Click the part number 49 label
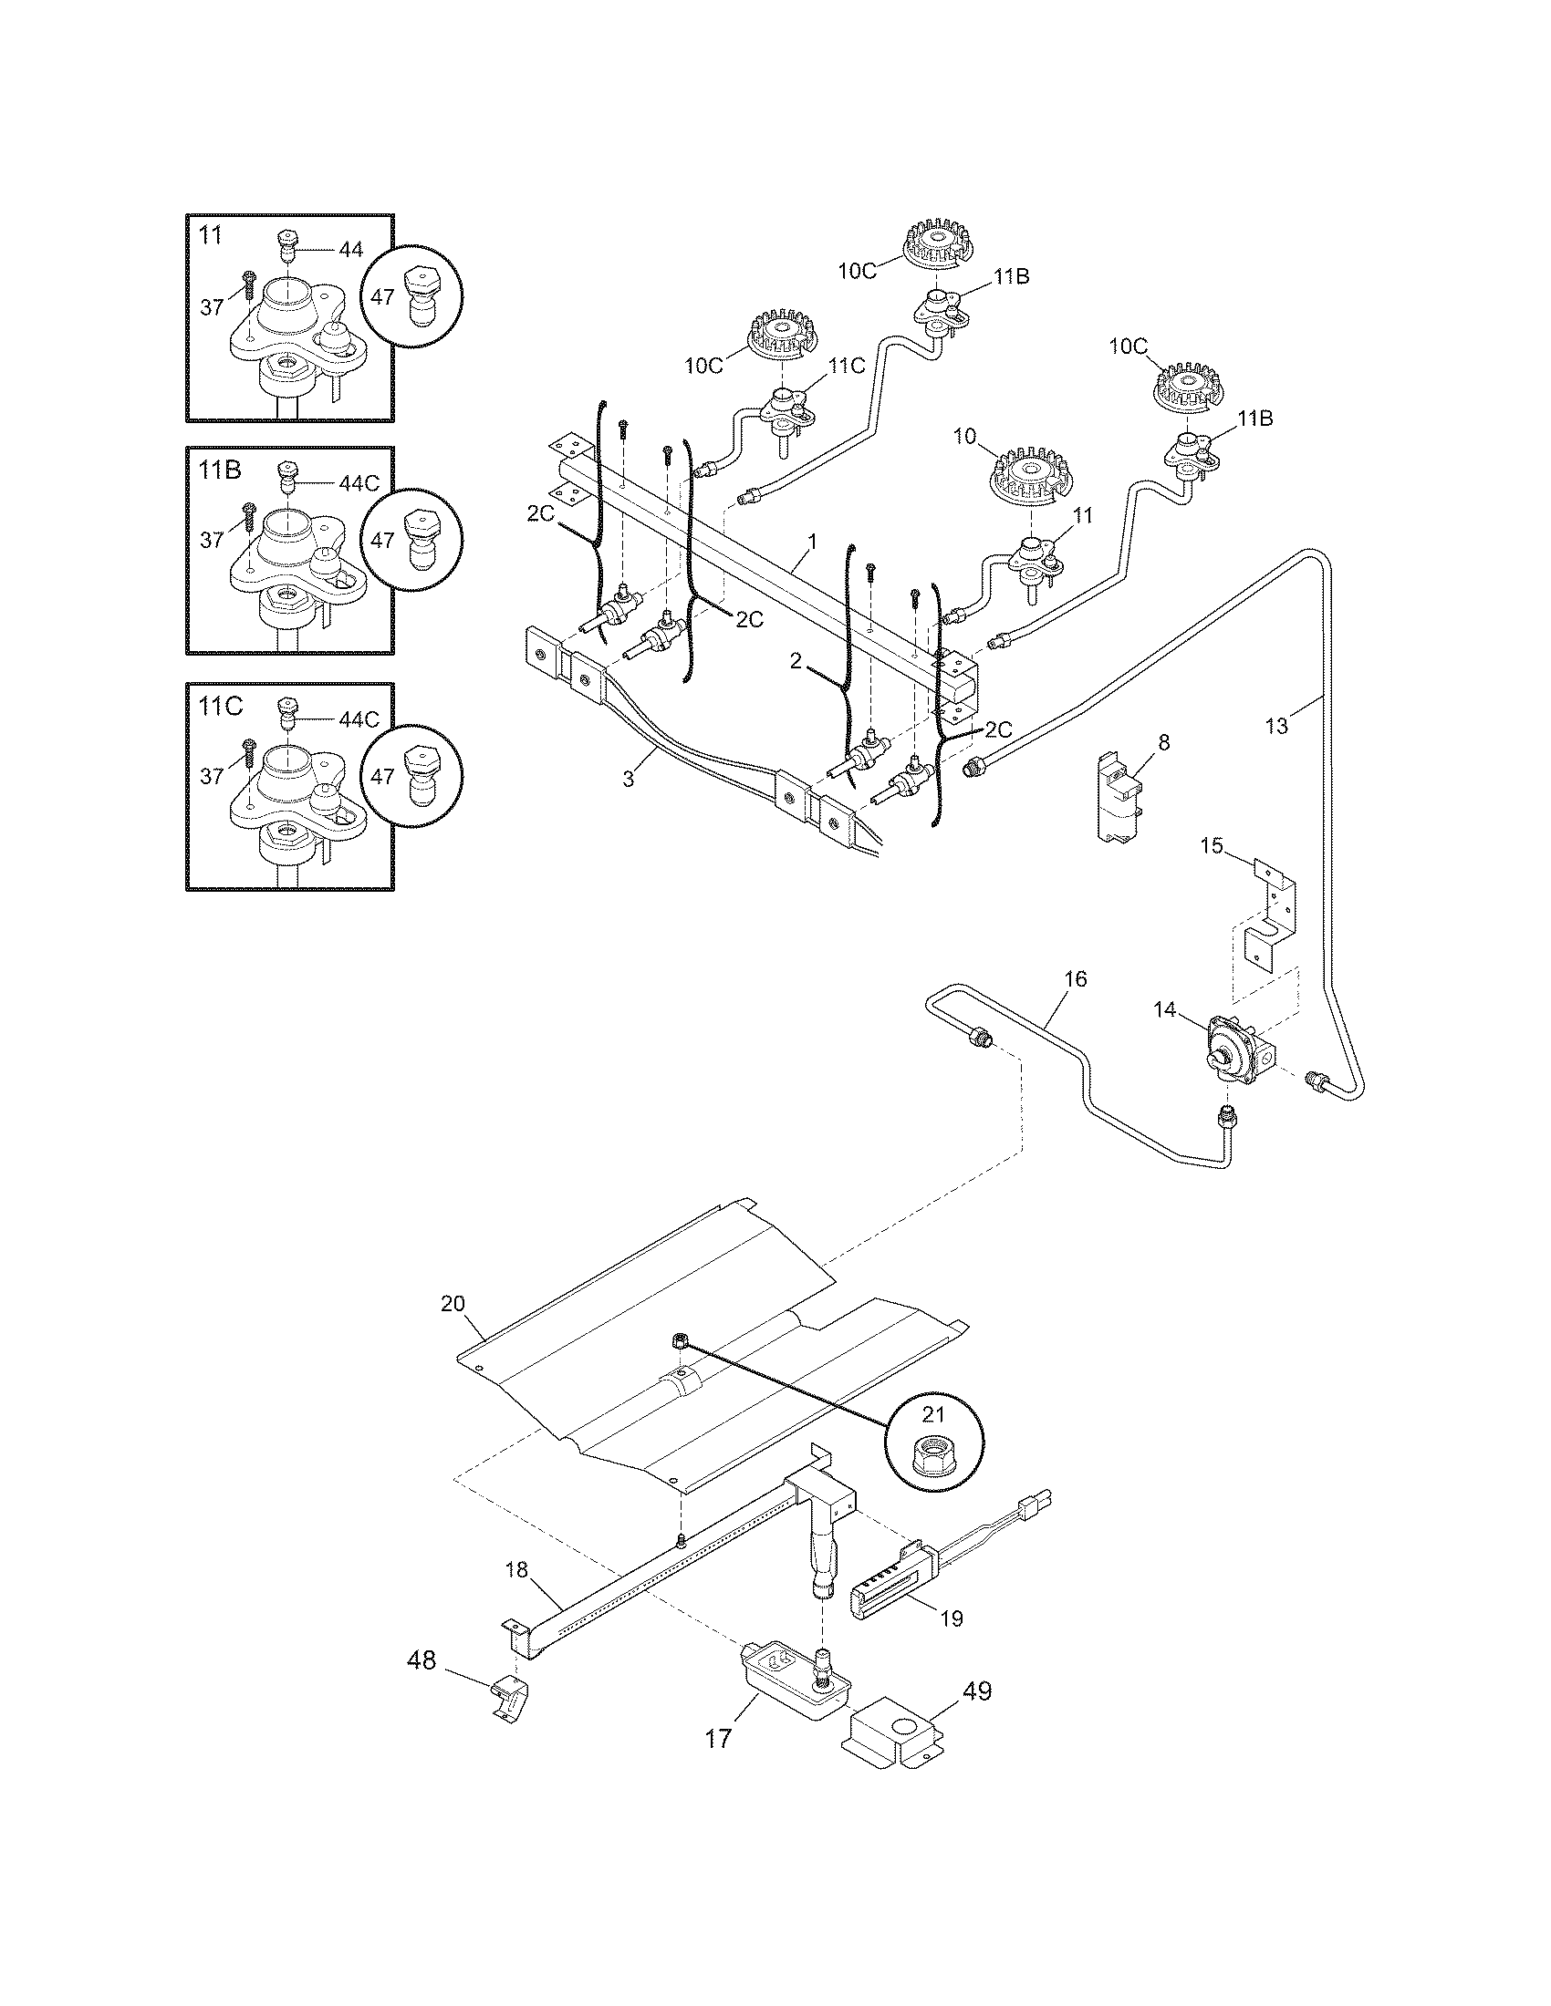pos(978,1690)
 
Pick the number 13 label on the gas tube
pos(1276,726)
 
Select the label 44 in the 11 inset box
pos(350,249)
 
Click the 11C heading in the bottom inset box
pos(221,707)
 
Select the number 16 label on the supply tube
pos(1075,979)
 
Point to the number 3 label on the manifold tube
pos(629,779)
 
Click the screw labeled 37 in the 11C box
pos(249,751)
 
